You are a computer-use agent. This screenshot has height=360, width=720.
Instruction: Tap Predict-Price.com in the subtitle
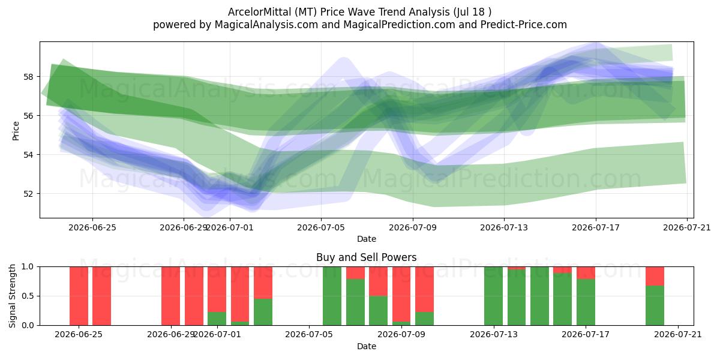(524, 25)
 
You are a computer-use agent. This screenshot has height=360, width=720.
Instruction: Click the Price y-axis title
(16, 131)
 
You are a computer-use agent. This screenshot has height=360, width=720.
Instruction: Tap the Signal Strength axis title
(12, 296)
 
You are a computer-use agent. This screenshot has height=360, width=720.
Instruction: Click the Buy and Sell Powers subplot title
(367, 257)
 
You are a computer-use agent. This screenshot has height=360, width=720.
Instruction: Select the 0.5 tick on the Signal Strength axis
(28, 296)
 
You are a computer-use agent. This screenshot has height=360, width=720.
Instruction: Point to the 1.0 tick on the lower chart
(28, 267)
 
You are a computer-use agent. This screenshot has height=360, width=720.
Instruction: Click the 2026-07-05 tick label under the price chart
(321, 228)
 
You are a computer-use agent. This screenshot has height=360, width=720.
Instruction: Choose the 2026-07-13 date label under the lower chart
(494, 335)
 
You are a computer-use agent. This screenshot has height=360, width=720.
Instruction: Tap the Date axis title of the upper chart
(367, 239)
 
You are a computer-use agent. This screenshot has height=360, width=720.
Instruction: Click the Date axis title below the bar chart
(367, 347)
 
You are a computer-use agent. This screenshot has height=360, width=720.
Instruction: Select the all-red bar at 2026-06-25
(79, 296)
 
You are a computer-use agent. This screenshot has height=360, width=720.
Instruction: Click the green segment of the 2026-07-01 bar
(217, 319)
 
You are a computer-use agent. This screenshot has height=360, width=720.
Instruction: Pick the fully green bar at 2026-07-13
(493, 296)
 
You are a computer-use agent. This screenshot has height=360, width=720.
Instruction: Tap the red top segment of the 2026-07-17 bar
(586, 273)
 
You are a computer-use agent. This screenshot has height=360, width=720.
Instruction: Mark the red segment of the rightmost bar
(655, 276)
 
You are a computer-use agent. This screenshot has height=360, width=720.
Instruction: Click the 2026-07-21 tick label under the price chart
(687, 228)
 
